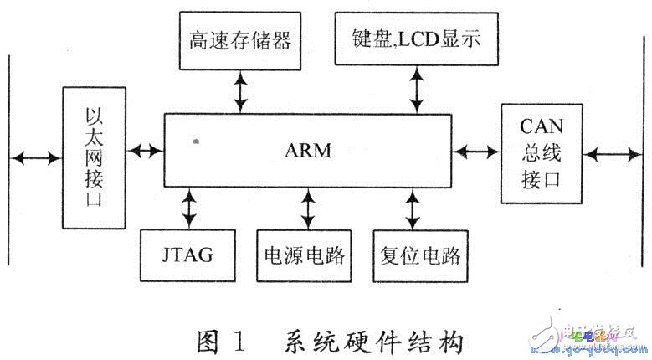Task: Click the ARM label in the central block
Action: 307,152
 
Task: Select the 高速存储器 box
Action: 241,39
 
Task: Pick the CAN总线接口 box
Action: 542,153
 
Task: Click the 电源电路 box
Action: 306,254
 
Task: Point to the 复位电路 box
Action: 417,254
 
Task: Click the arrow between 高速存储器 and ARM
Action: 241,90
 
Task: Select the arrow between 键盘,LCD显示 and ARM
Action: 414,90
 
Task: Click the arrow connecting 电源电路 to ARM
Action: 308,207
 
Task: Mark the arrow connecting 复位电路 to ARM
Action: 413,207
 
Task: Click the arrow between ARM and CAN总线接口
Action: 475,152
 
